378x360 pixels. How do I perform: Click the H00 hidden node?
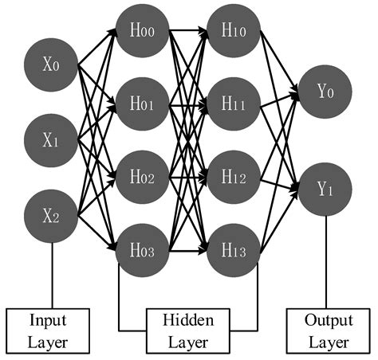[x=143, y=32]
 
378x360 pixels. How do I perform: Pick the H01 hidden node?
[x=143, y=104]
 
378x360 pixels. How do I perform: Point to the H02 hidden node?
[x=143, y=176]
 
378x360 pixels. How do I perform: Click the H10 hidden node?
[x=234, y=32]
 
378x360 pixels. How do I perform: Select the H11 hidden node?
[x=234, y=104]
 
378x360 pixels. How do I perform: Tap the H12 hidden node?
[x=234, y=176]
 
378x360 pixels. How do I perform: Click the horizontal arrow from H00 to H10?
[x=188, y=32]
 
